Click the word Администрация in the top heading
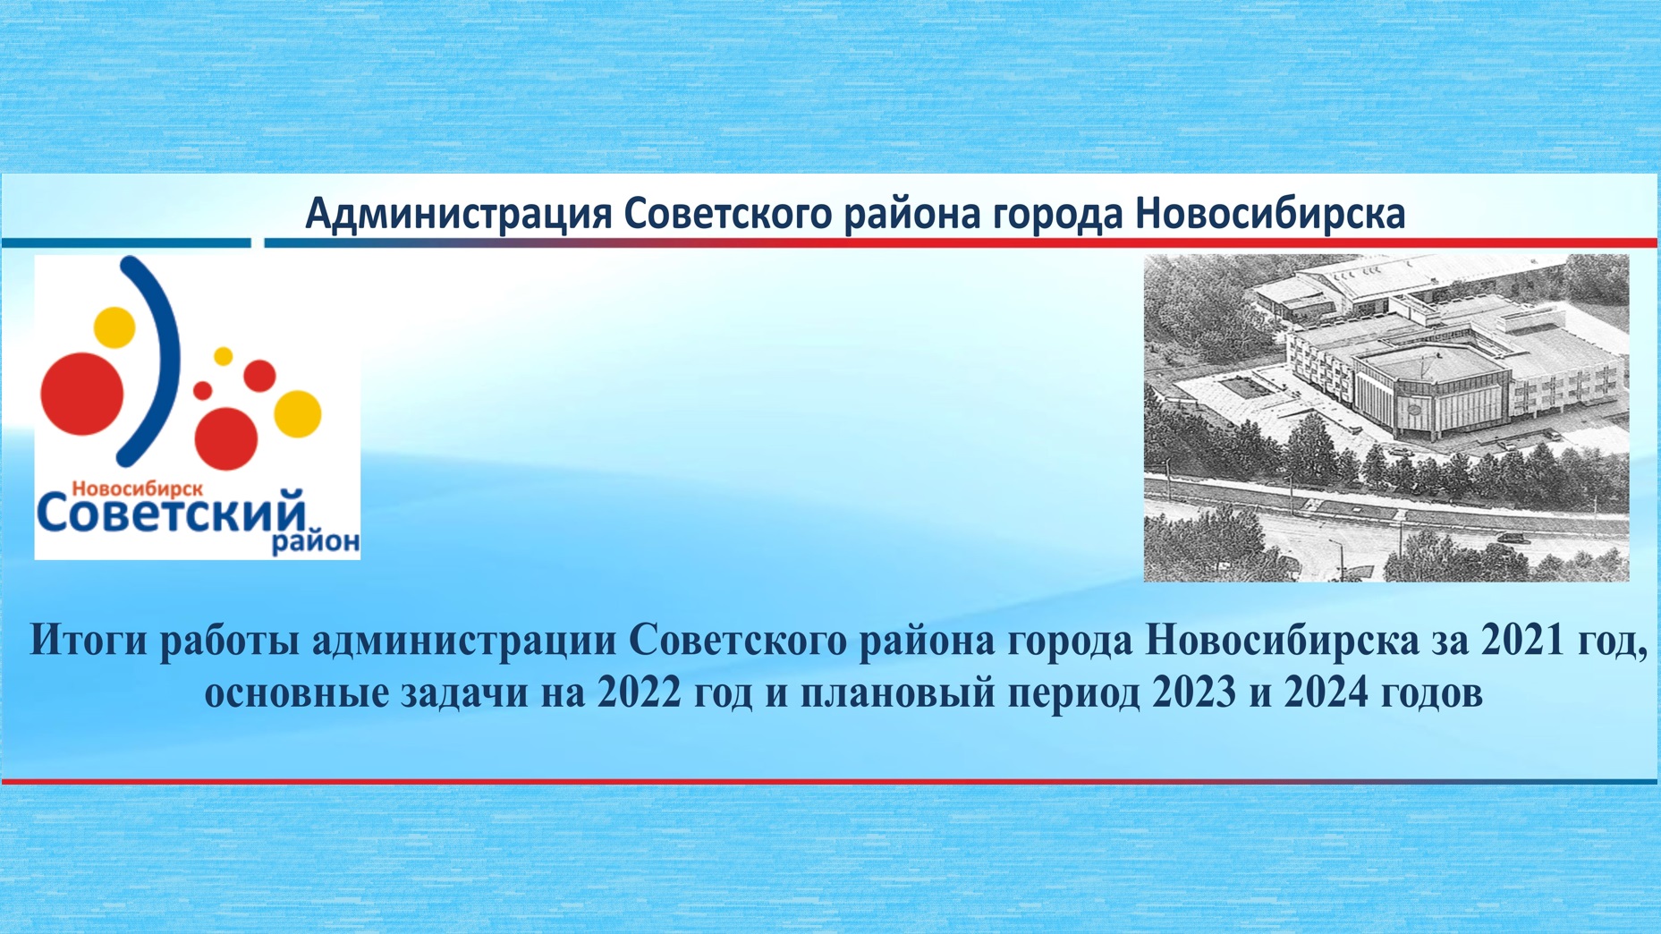click(459, 215)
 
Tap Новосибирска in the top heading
click(1270, 214)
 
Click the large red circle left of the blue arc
click(82, 394)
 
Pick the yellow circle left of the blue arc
click(114, 327)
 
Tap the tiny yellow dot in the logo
click(224, 356)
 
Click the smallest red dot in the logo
click(203, 390)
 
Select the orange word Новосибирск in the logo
click(137, 489)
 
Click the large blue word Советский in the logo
click(171, 513)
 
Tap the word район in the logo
click(316, 542)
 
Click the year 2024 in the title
click(1326, 693)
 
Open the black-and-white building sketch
click(1386, 418)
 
